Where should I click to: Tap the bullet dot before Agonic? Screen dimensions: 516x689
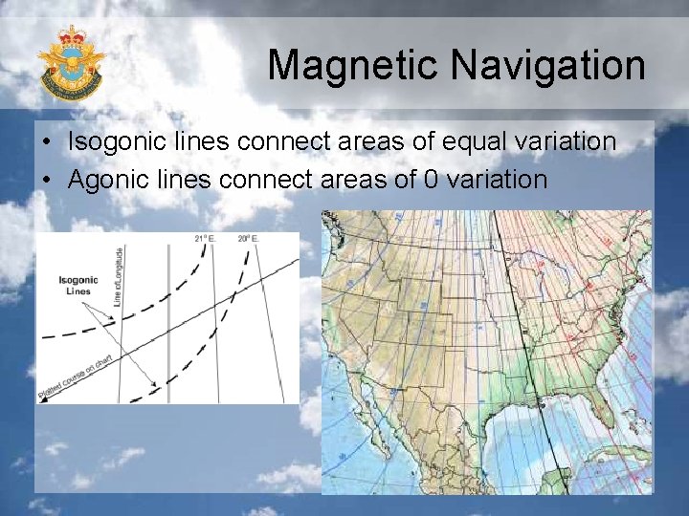[47, 180]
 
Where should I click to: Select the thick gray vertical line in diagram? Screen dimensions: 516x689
[168, 325]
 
